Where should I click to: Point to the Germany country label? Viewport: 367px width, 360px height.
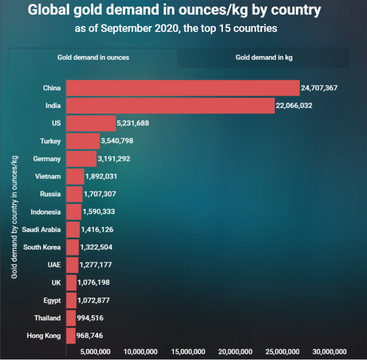47,159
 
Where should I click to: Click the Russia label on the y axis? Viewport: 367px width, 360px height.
50,194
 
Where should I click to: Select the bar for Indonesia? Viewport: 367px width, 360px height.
74,212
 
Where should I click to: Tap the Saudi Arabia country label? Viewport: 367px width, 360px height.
41,229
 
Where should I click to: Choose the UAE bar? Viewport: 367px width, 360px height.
72,265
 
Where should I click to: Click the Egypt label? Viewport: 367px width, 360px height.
52,300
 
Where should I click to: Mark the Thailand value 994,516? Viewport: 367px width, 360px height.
93,318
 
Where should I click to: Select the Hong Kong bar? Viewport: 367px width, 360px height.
71,336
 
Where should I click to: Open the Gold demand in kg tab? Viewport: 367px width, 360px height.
264,57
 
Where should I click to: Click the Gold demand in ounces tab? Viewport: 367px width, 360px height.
93,57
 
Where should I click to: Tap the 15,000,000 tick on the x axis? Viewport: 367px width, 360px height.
188,351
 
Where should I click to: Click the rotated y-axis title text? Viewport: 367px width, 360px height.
15,215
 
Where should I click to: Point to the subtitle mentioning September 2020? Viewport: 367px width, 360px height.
176,28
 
